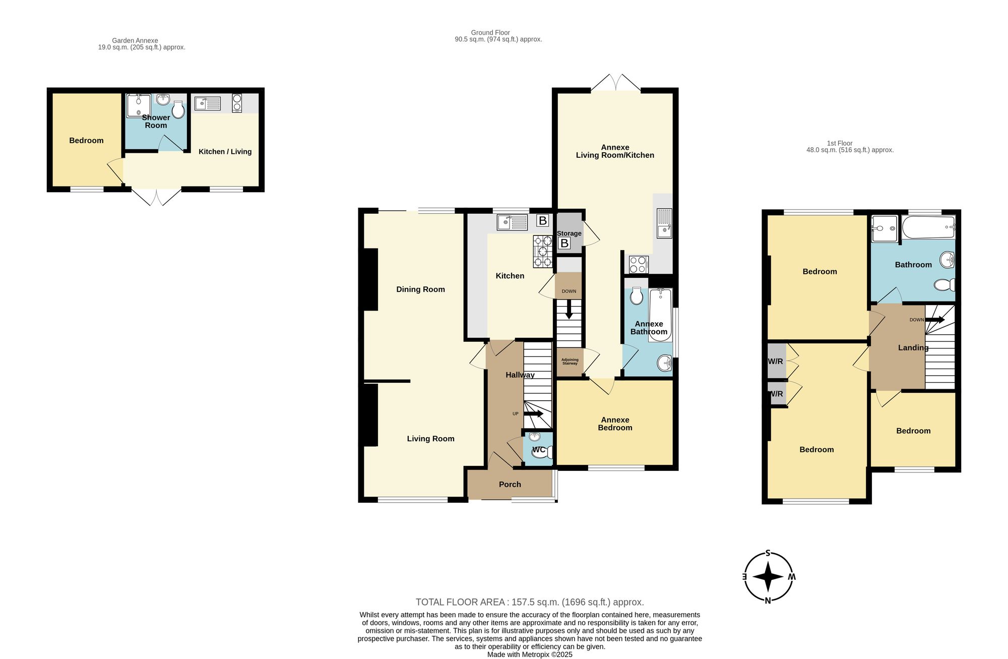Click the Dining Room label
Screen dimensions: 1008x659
point(420,289)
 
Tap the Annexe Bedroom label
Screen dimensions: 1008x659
point(615,424)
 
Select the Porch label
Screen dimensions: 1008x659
point(510,485)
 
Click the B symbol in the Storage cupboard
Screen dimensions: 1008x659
point(564,244)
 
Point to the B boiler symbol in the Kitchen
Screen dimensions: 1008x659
point(542,221)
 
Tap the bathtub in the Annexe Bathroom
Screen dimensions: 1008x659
point(660,315)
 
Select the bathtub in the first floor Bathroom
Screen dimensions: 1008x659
point(928,228)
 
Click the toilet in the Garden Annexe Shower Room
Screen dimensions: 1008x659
point(178,109)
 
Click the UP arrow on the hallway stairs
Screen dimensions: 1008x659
point(534,414)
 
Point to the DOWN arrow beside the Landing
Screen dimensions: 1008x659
point(935,320)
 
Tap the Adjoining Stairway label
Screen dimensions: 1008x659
point(570,362)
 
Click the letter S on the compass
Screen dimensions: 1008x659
point(768,553)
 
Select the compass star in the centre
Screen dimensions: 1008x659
point(768,576)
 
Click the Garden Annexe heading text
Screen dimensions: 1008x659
point(135,41)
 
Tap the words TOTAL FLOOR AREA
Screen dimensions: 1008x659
point(460,602)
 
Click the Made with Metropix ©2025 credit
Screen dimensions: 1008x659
point(530,654)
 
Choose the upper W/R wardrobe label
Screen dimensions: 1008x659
point(775,362)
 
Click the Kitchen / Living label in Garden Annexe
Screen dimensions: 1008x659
point(225,152)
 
